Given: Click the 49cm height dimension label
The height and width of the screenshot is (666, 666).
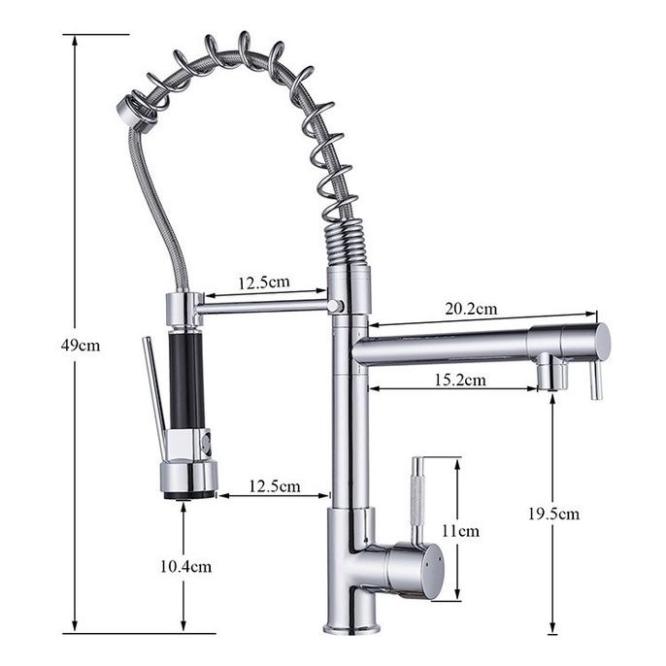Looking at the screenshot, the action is pos(81,346).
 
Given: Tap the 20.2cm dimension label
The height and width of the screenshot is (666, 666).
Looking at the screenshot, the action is pos(471,309).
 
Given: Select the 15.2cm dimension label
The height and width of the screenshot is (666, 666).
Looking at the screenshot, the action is pos(460,380).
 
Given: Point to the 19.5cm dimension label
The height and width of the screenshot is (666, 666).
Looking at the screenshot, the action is pos(553,514).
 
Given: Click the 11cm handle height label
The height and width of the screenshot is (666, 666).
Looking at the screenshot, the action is pos(461,531).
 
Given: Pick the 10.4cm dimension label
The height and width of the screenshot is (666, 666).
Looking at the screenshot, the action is pos(185,567).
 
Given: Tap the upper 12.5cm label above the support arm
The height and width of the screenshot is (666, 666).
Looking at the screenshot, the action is pos(264,283).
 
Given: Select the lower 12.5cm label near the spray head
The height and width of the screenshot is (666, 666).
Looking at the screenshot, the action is pos(275,486).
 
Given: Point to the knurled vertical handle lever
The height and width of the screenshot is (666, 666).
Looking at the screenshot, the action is pos(418,501).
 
